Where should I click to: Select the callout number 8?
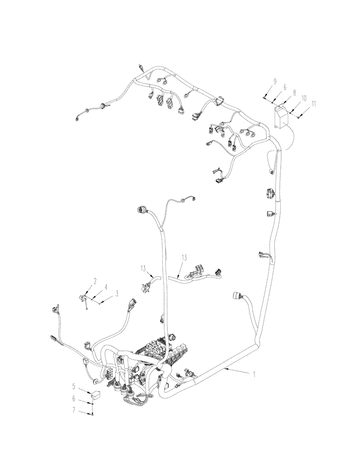[294, 93]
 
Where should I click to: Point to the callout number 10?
[304, 99]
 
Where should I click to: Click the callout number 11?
[313, 104]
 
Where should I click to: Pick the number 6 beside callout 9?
[284, 87]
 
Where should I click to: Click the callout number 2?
[95, 281]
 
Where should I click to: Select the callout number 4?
[106, 288]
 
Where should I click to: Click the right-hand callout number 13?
[184, 257]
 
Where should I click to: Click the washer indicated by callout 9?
[264, 99]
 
